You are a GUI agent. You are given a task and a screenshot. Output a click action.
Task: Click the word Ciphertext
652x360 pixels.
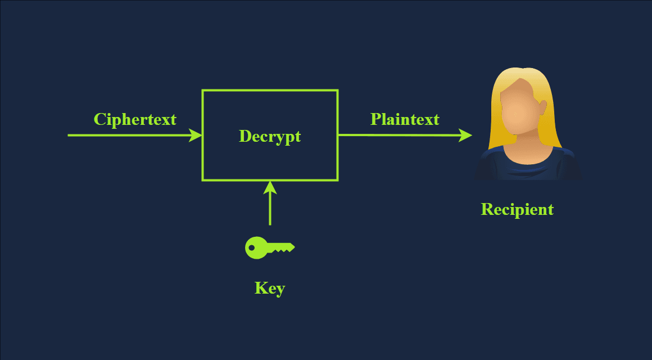135,119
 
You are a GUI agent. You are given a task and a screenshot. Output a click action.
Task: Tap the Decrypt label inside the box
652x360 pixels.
270,137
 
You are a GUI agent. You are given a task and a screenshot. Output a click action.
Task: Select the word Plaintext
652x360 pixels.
405,119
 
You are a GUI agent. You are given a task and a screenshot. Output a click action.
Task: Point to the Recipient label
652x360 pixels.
517,209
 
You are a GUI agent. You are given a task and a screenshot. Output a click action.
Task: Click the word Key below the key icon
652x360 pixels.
270,289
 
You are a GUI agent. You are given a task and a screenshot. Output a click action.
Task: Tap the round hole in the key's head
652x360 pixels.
251,247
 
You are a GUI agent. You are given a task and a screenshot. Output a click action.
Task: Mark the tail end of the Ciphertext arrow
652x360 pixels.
70,135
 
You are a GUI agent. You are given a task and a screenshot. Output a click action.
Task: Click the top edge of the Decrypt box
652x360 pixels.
270,90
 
